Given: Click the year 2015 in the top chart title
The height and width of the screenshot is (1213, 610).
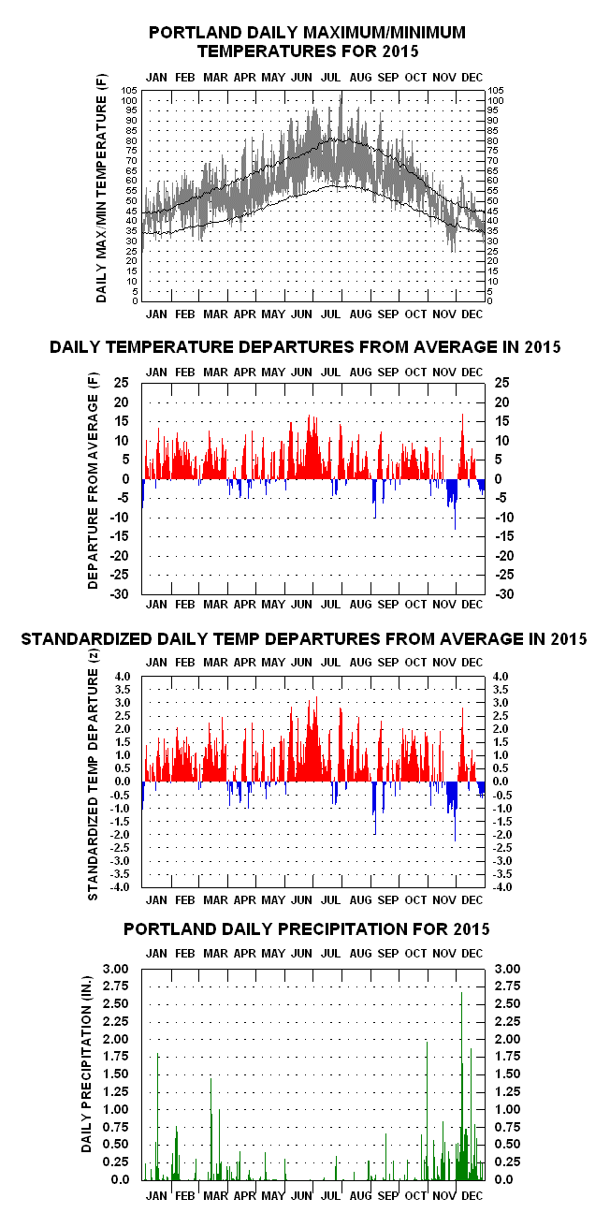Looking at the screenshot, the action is point(400,51).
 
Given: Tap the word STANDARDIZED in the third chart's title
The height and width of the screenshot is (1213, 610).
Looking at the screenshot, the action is point(87,639).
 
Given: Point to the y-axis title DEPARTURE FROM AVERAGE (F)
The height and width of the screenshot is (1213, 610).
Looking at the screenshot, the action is point(93,480).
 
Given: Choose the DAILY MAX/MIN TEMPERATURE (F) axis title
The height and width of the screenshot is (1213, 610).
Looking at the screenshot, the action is point(101,188).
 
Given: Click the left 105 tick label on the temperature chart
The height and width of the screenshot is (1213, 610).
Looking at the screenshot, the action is point(129,91).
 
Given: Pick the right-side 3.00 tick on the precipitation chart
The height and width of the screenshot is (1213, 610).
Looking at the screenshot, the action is point(508,969).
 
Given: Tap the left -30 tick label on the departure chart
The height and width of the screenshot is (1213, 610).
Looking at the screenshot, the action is point(120,594).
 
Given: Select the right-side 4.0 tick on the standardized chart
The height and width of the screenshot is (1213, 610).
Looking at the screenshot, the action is point(501,677).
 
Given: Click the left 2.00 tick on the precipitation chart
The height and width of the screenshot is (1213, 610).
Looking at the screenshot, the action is point(116,1039).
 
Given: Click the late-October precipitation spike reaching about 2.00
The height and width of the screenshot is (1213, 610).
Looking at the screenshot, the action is point(427,1111).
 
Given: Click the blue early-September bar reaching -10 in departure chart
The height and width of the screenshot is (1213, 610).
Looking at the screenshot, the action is point(375,499).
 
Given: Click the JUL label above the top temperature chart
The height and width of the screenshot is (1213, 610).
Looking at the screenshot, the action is point(330,78).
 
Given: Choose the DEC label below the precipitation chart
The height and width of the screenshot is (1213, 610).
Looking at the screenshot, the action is point(472,1195).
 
